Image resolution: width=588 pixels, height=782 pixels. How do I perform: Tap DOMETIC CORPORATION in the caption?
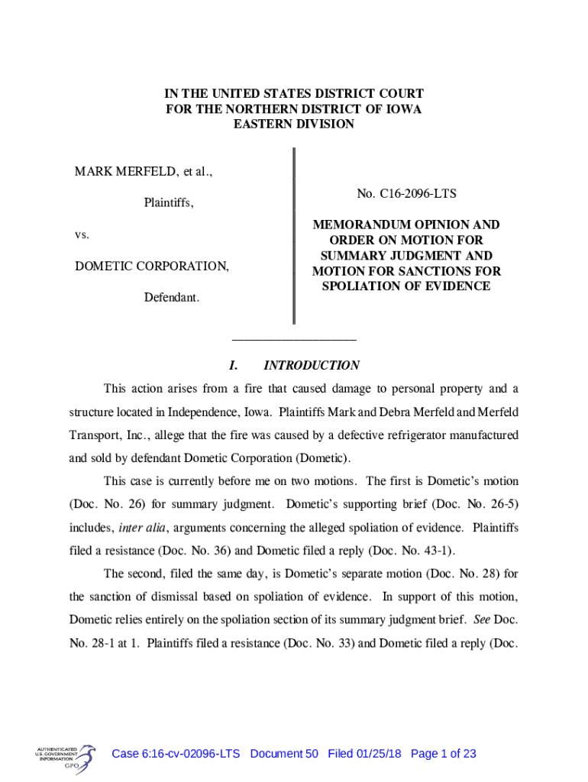click(x=151, y=267)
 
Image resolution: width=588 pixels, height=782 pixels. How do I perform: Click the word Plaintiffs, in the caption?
click(x=169, y=203)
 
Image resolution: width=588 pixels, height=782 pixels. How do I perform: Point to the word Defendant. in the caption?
click(x=172, y=296)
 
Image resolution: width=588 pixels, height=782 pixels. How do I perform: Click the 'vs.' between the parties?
click(x=82, y=234)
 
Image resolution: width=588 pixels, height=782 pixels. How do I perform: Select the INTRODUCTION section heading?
click(x=311, y=366)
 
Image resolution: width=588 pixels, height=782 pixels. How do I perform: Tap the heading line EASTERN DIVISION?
click(x=293, y=124)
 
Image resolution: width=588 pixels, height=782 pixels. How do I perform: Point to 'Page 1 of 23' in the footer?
click(x=443, y=754)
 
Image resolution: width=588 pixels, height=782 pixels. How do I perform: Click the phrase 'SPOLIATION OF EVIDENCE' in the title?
click(x=406, y=286)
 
